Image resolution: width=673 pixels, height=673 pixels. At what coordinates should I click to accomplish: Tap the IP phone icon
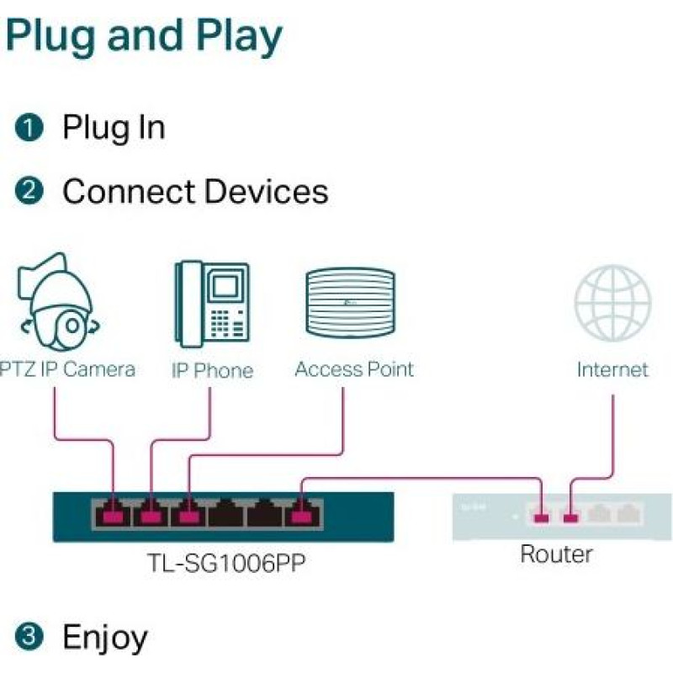(212, 304)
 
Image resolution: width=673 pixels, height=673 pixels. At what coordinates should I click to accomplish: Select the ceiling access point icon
(350, 302)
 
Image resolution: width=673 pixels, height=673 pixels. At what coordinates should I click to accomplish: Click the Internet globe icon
(612, 303)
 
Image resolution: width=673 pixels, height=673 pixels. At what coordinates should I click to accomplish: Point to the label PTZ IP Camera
(67, 369)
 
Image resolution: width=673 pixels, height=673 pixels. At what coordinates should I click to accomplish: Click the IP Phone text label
(213, 370)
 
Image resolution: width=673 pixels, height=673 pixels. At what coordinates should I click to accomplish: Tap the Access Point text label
(354, 369)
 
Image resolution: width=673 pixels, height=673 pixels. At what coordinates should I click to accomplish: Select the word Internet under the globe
(612, 369)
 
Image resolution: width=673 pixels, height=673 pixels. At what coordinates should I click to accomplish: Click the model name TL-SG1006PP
(226, 563)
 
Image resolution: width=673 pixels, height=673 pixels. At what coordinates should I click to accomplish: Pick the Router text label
(556, 554)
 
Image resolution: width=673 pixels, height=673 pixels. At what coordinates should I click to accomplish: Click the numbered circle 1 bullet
(29, 128)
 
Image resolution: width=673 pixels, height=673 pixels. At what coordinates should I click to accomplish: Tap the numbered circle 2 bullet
(29, 191)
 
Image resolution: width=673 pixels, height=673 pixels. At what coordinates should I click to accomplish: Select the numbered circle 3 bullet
(29, 636)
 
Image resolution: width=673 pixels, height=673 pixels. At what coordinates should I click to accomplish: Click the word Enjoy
(105, 639)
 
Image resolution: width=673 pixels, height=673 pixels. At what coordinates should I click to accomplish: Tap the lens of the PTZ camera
(72, 326)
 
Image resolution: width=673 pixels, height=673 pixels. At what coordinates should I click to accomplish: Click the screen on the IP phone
(225, 286)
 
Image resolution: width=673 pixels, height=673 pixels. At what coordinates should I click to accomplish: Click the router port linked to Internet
(571, 517)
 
